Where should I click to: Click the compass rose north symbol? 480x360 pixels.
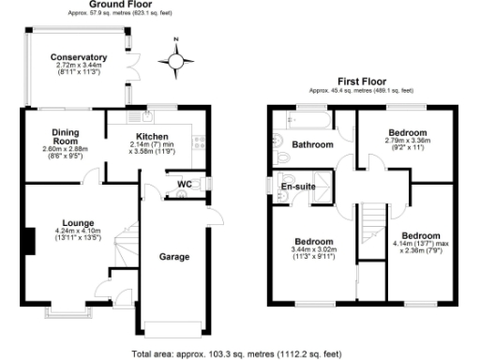(x=173, y=61)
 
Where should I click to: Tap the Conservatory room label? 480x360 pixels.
(x=79, y=58)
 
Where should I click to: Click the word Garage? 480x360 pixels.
(x=174, y=256)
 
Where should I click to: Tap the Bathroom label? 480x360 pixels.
(x=311, y=145)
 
